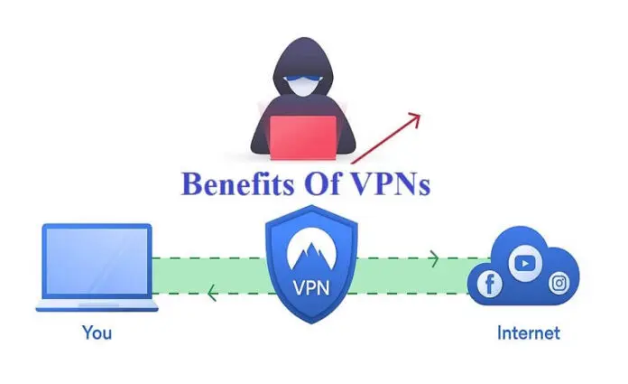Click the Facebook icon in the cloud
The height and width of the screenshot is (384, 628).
[x=489, y=284]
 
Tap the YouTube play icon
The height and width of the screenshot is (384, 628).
[x=525, y=263]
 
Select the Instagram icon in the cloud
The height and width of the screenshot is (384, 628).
[x=559, y=283]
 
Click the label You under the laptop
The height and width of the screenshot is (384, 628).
[x=97, y=332]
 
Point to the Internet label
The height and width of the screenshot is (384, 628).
[x=528, y=332]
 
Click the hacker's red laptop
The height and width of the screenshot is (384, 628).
[x=303, y=137]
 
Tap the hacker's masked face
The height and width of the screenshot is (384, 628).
[x=303, y=84]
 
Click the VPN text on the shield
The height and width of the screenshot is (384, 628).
[x=311, y=287]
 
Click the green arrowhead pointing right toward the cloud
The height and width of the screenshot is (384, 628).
[x=434, y=258]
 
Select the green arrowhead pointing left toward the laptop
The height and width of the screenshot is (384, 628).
[x=212, y=293]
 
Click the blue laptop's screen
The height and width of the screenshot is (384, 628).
[x=97, y=260]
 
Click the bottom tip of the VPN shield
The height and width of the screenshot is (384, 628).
[x=311, y=323]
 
